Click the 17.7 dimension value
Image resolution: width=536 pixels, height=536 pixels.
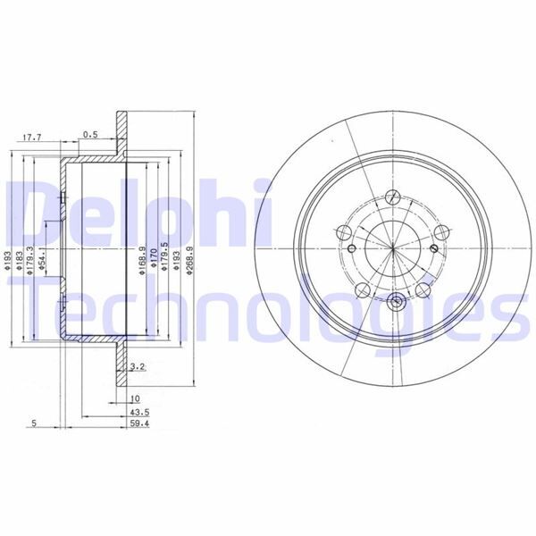tap(32, 137)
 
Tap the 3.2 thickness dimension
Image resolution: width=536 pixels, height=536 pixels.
tap(137, 367)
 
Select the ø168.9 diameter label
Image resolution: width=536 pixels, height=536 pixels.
tap(143, 259)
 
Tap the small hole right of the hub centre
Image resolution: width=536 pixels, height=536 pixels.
tap(434, 248)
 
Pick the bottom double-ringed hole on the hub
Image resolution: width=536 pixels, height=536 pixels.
tap(393, 299)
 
